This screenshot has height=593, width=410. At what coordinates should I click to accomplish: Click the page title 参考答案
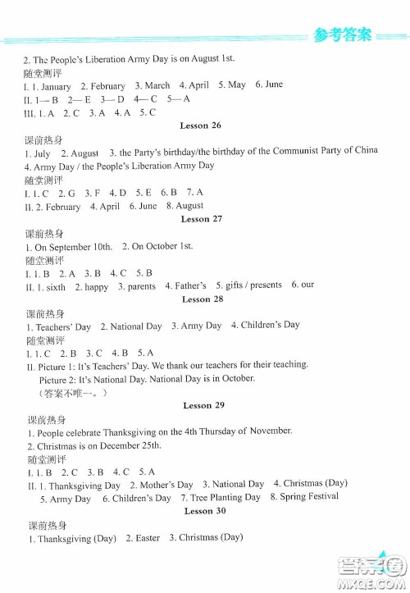click(x=342, y=34)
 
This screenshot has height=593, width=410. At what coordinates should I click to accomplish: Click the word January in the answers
click(x=56, y=86)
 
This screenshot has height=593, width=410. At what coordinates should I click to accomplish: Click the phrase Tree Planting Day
click(x=225, y=497)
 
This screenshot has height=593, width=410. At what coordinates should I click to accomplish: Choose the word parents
click(x=141, y=286)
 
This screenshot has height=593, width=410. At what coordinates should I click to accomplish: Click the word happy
click(x=97, y=286)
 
